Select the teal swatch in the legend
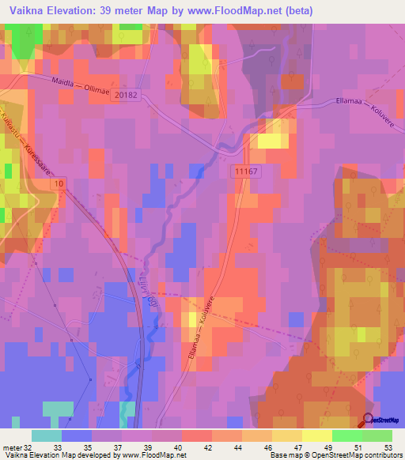(x=46, y=435)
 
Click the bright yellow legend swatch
(x=317, y=435)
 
